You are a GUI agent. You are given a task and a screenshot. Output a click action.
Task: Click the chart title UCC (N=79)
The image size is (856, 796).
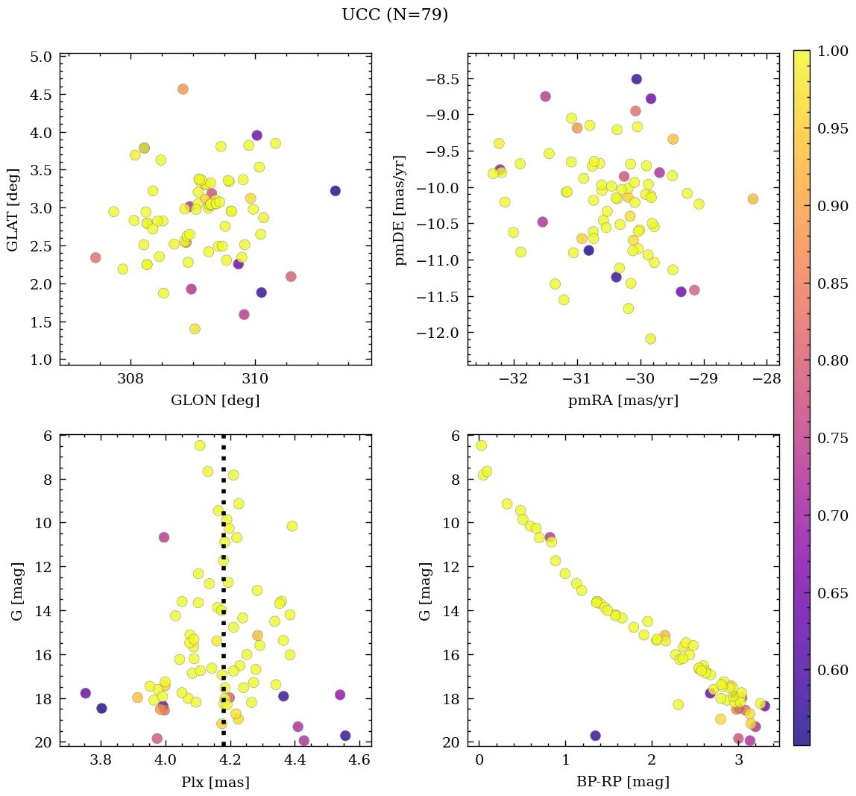click(x=394, y=15)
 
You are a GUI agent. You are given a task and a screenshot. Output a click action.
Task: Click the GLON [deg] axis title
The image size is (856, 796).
click(x=215, y=401)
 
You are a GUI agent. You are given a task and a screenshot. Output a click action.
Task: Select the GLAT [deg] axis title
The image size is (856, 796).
click(x=13, y=209)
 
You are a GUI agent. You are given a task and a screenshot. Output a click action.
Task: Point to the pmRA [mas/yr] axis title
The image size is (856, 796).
click(x=623, y=401)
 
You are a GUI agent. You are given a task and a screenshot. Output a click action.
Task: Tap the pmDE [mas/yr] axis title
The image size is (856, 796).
click(x=401, y=209)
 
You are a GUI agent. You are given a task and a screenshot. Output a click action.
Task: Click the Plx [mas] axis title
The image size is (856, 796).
click(x=215, y=782)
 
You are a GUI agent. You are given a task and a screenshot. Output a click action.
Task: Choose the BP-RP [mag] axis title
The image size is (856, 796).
click(x=623, y=782)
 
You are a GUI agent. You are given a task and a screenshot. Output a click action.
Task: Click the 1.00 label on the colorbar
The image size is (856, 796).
click(x=832, y=51)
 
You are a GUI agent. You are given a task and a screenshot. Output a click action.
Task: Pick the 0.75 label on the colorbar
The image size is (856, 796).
click(x=832, y=438)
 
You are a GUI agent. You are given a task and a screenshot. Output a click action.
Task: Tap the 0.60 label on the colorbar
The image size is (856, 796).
click(x=832, y=670)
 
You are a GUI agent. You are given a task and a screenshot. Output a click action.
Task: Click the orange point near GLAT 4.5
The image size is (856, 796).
click(x=183, y=90)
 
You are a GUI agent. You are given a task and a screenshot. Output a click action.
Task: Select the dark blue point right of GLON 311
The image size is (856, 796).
click(x=335, y=191)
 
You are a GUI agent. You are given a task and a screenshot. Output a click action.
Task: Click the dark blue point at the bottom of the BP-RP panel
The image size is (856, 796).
click(x=595, y=736)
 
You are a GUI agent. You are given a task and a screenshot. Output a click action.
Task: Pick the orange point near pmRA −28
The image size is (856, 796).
click(x=752, y=199)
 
